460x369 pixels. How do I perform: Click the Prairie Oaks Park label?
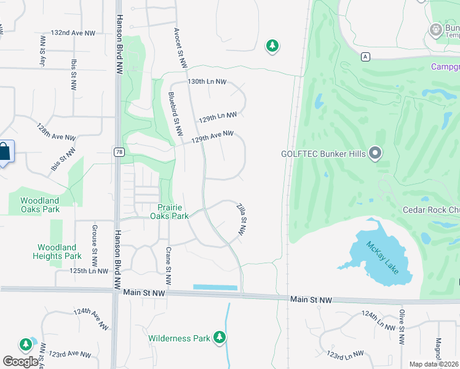169,212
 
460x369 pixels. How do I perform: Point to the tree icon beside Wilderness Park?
219,337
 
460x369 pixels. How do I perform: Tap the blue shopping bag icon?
4,152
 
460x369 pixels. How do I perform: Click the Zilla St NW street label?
242,220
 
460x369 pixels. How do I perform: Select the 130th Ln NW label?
207,81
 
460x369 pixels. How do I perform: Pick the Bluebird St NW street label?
175,114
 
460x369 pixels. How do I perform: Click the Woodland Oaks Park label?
40,205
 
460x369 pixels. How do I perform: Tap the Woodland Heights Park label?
57,252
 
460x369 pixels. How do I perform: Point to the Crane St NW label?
169,266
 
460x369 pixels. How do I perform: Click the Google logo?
21,362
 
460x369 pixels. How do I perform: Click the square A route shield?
366,57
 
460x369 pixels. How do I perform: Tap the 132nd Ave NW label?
73,33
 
